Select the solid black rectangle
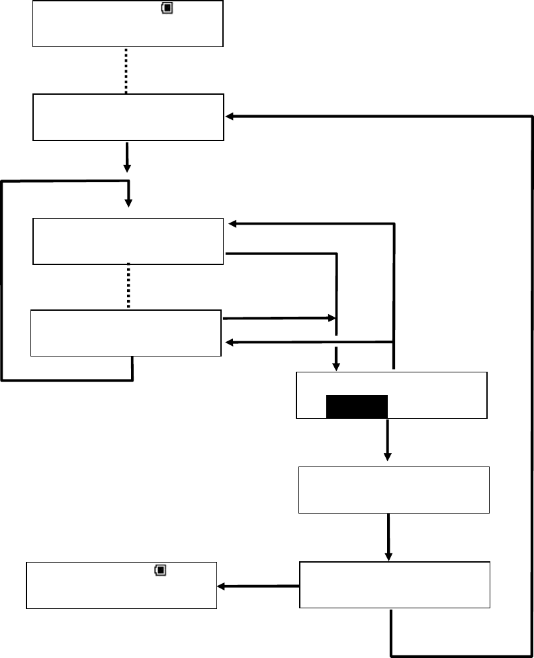tap(357, 407)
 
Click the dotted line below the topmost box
tap(126, 70)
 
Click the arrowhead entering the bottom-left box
tap(222, 586)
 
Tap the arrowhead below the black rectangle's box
tap(388, 457)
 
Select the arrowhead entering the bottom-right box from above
tap(388, 555)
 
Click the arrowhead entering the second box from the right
tap(230, 117)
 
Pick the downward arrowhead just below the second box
tap(127, 167)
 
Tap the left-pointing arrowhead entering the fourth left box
tap(230, 343)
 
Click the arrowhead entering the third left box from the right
tap(232, 224)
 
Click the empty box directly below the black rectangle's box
tap(394, 490)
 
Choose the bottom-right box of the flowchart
tap(394, 585)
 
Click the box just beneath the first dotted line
tap(128, 117)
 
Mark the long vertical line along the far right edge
tap(532, 384)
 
